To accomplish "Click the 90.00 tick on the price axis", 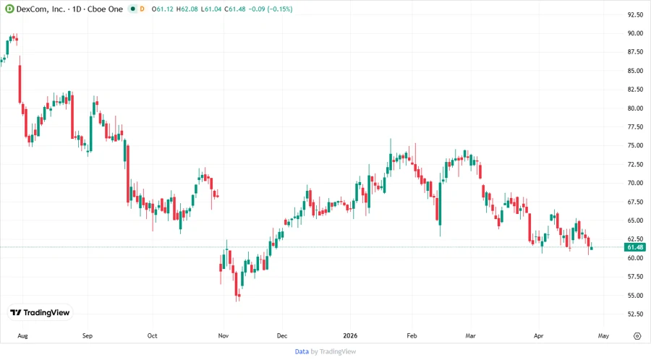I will tap(635, 33).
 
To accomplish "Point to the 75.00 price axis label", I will tap(635, 145).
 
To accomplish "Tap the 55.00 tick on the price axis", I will tap(635, 295).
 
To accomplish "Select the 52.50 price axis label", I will tap(635, 314).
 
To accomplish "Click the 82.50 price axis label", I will tap(635, 90).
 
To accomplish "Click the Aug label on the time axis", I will tap(22, 336).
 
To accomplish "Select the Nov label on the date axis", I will tap(223, 336).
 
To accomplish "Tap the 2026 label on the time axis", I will tap(352, 336).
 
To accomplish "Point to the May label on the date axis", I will tap(603, 336).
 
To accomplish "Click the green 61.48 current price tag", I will tap(635, 247).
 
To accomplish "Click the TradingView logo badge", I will tap(41, 312).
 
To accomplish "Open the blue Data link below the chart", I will tap(302, 351).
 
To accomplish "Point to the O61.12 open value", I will tap(161, 9).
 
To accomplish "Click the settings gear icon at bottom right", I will tap(637, 336).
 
